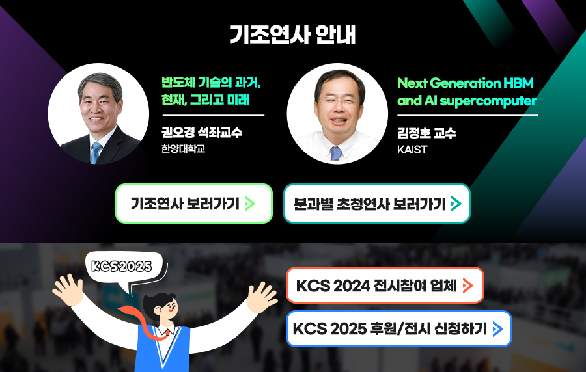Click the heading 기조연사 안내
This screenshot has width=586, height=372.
[292, 34]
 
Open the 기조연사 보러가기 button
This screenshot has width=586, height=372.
[194, 204]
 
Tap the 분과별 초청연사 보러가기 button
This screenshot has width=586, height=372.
[377, 204]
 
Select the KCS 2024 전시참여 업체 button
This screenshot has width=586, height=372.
[385, 286]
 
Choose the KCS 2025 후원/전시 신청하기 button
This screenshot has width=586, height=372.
[398, 328]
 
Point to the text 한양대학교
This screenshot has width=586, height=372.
[183, 148]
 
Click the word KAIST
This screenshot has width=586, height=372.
[412, 150]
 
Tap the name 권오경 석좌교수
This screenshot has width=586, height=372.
[202, 132]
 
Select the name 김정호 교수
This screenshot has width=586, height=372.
[426, 133]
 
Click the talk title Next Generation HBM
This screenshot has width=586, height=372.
[466, 83]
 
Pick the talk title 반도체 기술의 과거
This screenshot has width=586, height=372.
[211, 82]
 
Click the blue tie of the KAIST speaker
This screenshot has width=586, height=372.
[336, 153]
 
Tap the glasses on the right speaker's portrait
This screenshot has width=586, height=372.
[339, 100]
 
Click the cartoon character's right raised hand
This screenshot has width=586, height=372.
[262, 297]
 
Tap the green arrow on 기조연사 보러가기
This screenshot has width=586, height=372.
[249, 204]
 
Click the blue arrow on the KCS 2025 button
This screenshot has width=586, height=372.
[498, 329]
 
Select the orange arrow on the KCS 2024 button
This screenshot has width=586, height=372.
[468, 286]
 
